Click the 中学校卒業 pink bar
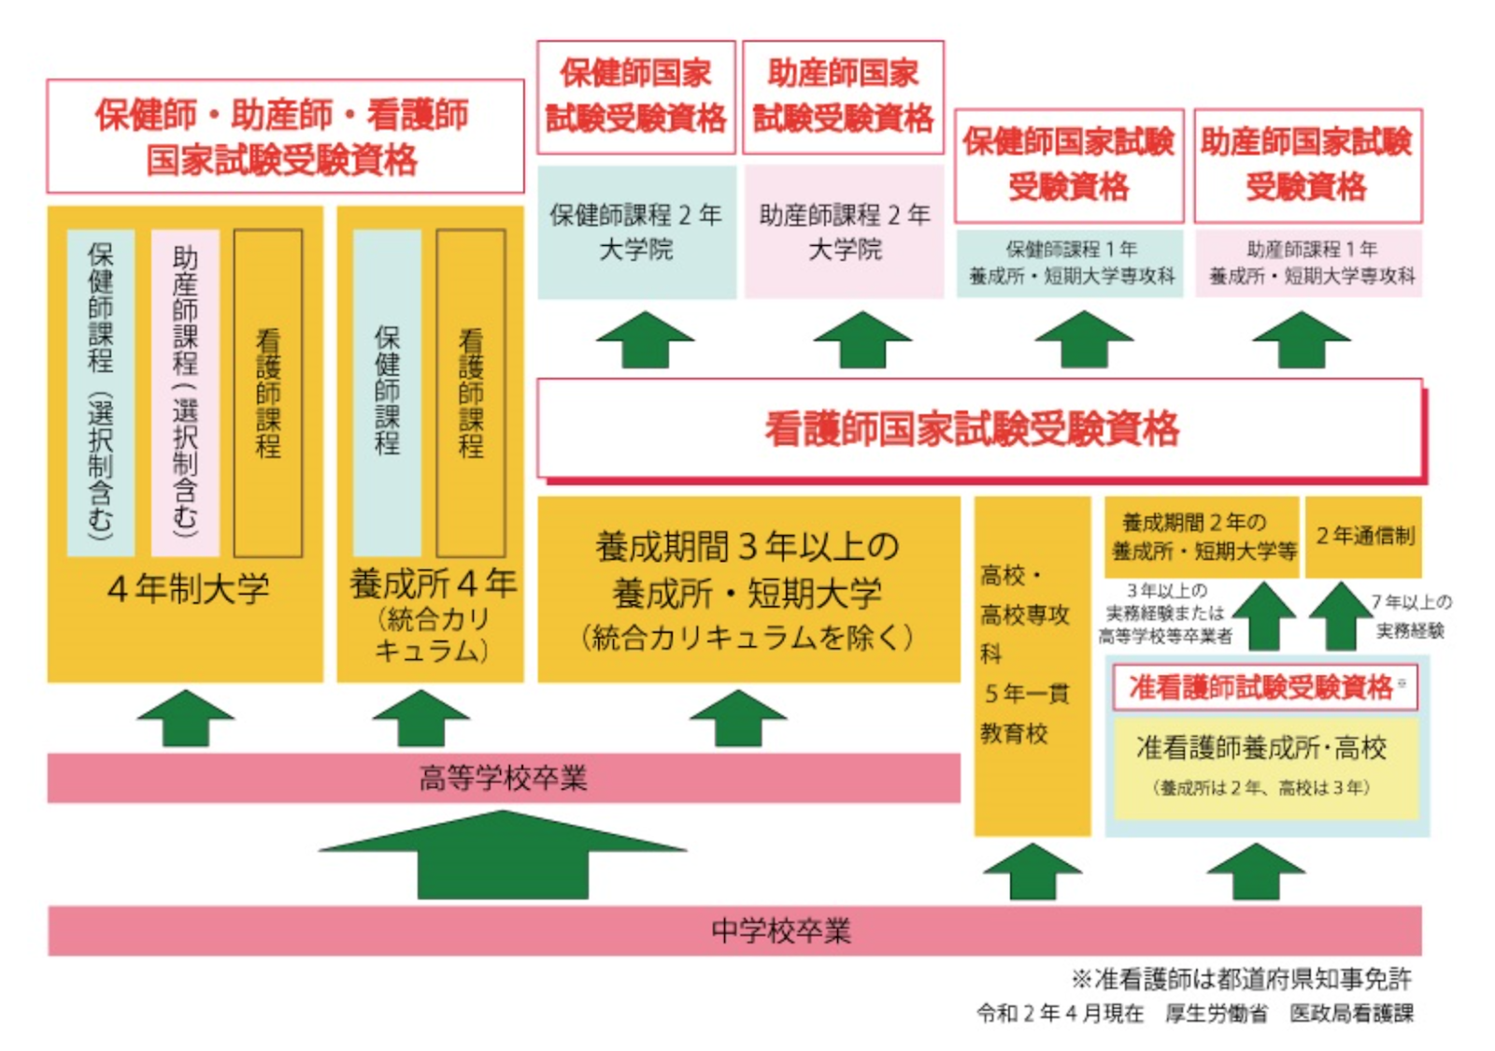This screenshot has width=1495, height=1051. [734, 930]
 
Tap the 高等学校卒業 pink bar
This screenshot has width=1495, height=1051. [504, 778]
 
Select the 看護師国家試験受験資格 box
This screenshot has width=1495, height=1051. [980, 428]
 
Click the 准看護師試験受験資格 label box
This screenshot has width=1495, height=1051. [1265, 687]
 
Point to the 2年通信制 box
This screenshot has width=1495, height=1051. [1363, 537]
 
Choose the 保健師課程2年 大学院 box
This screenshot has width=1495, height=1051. [636, 233]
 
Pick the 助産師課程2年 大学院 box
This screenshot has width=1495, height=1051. [845, 233]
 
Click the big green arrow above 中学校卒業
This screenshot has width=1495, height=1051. [504, 855]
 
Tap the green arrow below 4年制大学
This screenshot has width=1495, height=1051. [186, 718]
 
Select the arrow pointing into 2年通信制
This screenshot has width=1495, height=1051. [1340, 615]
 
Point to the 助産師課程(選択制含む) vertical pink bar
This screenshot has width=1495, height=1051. [186, 393]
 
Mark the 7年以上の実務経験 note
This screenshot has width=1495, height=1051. [1411, 616]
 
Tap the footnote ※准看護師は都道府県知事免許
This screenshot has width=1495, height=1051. [1242, 980]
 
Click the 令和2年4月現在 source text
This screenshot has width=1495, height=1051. [1060, 1014]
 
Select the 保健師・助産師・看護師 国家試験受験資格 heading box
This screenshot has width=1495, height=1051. [286, 137]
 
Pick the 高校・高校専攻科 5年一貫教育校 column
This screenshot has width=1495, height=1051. [1032, 667]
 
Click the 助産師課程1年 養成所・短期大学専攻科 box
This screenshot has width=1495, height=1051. [1309, 263]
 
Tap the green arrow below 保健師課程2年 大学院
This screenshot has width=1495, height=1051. [646, 339]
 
